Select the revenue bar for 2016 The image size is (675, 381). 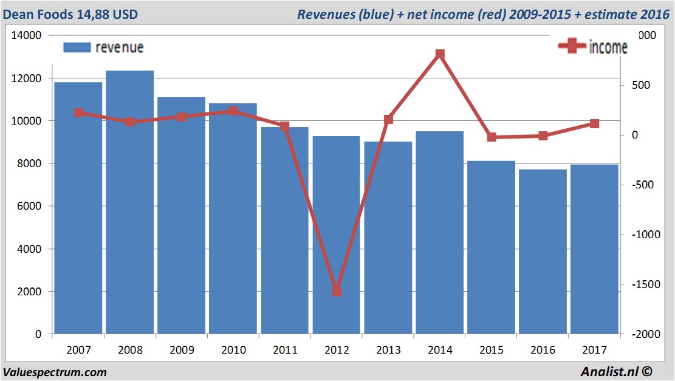coord(543,252)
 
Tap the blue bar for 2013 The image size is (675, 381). coord(388,238)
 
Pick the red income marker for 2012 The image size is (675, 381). coord(337,291)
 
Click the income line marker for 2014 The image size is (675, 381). coord(440,55)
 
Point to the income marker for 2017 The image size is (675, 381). coord(595,124)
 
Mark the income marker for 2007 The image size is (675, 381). coord(78,113)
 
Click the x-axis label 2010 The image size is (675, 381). coord(233,351)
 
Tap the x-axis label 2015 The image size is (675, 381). coord(492,351)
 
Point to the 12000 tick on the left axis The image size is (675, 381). coord(26,78)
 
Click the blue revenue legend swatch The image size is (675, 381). coord(77,47)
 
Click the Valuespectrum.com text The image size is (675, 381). coord(55,372)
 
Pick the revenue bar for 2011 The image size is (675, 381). coord(284,230)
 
